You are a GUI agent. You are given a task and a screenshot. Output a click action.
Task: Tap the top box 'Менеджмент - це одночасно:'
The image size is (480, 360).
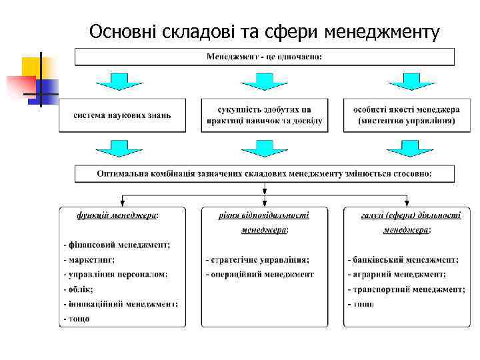[264, 57]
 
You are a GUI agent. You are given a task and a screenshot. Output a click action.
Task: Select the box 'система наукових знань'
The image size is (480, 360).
[123, 115]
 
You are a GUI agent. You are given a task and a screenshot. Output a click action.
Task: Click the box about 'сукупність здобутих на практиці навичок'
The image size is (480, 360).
[264, 115]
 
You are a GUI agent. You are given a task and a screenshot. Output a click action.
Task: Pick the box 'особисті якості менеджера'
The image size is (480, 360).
[406, 115]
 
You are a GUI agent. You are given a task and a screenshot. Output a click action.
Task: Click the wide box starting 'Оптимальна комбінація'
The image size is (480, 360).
[264, 173]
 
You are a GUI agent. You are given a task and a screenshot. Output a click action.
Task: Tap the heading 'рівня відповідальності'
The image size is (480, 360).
[264, 215]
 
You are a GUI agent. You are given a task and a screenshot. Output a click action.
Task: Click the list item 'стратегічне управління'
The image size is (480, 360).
[257, 259]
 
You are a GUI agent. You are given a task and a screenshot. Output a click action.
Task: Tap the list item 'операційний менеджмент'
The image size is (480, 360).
[260, 274]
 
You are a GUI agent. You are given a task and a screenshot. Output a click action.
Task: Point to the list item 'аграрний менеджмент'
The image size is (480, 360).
[397, 274]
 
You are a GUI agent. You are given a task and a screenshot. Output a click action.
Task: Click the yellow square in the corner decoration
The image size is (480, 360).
[31, 67]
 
